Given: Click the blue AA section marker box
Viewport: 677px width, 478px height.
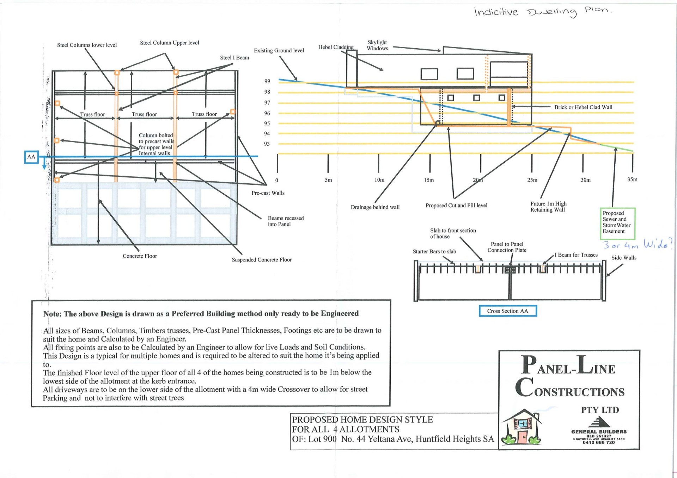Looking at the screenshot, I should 31,157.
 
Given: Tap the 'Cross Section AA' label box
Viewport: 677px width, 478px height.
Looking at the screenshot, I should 507,311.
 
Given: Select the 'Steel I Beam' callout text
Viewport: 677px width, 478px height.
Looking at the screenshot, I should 234,58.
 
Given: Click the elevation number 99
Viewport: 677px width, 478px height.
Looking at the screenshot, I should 267,81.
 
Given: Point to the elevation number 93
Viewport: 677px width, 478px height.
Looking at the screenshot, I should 267,144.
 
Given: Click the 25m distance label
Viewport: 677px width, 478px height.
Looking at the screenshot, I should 532,180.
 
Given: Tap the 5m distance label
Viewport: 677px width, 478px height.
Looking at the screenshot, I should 328,180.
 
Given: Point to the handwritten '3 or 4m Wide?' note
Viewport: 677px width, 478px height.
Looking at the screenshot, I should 637,244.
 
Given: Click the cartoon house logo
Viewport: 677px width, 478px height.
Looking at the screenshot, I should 522,427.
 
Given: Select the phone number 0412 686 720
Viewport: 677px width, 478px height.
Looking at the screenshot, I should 598,442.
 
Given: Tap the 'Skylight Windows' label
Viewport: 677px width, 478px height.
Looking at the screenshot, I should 377,45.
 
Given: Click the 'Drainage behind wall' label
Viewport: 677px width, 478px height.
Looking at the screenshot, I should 375,207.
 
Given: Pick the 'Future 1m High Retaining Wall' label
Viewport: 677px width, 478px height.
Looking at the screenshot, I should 548,207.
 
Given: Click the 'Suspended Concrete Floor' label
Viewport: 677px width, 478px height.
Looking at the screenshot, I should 262,260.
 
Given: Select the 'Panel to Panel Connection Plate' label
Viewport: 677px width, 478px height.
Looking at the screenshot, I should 507,247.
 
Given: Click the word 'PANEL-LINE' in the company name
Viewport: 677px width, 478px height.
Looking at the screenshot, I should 568,366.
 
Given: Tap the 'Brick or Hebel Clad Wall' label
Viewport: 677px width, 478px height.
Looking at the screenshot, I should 583,107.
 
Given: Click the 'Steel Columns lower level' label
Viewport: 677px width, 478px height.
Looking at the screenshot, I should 87,45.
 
